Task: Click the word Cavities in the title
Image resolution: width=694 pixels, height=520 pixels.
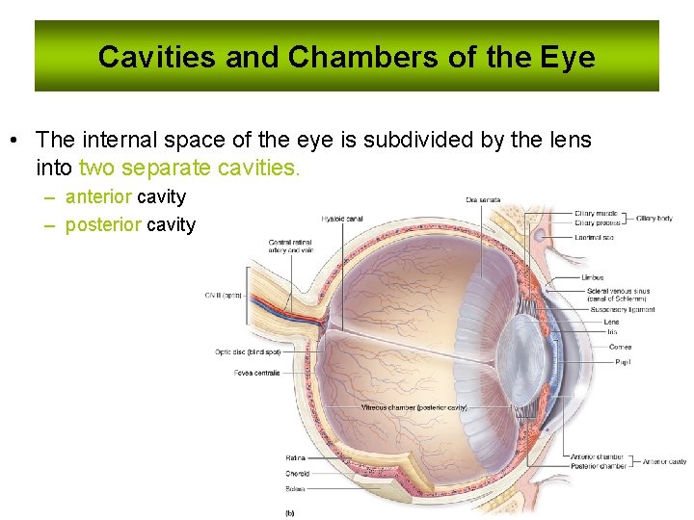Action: pyautogui.click(x=157, y=57)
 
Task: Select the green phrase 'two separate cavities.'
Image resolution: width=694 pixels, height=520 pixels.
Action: pyautogui.click(x=189, y=169)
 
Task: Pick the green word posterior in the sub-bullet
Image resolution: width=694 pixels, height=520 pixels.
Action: pyautogui.click(x=103, y=225)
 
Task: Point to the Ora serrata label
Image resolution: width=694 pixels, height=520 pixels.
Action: pyautogui.click(x=482, y=200)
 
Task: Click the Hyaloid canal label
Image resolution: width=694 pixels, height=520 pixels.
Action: pyautogui.click(x=343, y=219)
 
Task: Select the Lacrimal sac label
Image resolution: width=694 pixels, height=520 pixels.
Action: pyautogui.click(x=594, y=237)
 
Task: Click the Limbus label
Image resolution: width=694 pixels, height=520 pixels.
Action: pyautogui.click(x=593, y=277)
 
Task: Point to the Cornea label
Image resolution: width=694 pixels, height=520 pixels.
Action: pyautogui.click(x=620, y=347)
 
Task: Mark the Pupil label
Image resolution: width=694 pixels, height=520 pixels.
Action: pyautogui.click(x=623, y=362)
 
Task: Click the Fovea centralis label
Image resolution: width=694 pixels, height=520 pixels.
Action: pyautogui.click(x=256, y=373)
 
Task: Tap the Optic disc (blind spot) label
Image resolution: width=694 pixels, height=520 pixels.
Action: pyautogui.click(x=247, y=352)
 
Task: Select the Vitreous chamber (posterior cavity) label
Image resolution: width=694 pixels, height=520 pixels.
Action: pyautogui.click(x=414, y=407)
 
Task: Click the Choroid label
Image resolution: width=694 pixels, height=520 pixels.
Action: pyautogui.click(x=297, y=474)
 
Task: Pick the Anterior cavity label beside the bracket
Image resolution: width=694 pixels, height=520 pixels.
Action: pyautogui.click(x=665, y=462)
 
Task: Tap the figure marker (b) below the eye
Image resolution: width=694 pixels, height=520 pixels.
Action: pyautogui.click(x=290, y=512)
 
